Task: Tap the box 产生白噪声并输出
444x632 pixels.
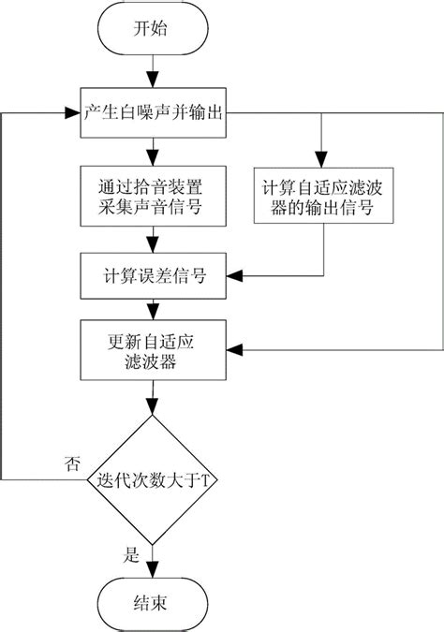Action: (x=152, y=112)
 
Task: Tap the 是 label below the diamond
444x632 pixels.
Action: (x=132, y=553)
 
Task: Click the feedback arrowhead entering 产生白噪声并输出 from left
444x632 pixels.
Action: (x=70, y=112)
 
